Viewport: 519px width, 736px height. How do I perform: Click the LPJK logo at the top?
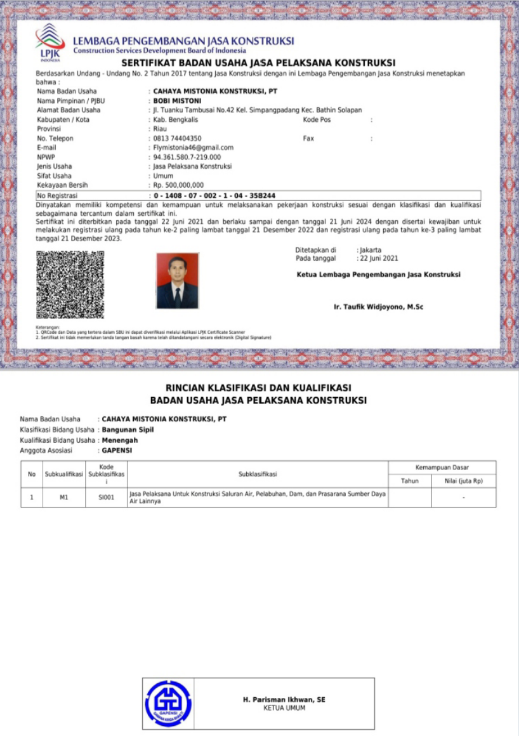click(50, 41)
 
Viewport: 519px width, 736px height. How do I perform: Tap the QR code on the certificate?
click(70, 284)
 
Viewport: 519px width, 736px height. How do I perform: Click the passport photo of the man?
click(177, 280)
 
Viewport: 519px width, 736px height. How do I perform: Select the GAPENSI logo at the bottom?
click(168, 703)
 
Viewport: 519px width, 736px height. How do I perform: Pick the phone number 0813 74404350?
click(178, 138)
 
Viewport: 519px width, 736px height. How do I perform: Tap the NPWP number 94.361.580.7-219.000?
click(187, 157)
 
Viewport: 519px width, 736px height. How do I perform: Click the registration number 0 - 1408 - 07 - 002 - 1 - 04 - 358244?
click(214, 195)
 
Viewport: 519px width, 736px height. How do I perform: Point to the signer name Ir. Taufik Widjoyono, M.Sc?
click(378, 307)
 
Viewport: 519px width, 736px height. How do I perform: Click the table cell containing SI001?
click(107, 497)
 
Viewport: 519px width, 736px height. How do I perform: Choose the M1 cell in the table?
click(63, 497)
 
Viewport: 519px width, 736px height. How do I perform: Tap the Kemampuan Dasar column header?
click(442, 468)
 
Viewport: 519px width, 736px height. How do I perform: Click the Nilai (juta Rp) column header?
click(463, 481)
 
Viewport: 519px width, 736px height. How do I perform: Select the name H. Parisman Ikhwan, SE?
click(284, 699)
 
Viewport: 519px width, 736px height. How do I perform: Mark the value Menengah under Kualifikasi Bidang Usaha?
click(120, 440)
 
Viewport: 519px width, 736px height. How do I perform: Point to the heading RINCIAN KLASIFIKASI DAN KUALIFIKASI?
click(258, 388)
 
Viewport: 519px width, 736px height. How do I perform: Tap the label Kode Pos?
click(317, 119)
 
